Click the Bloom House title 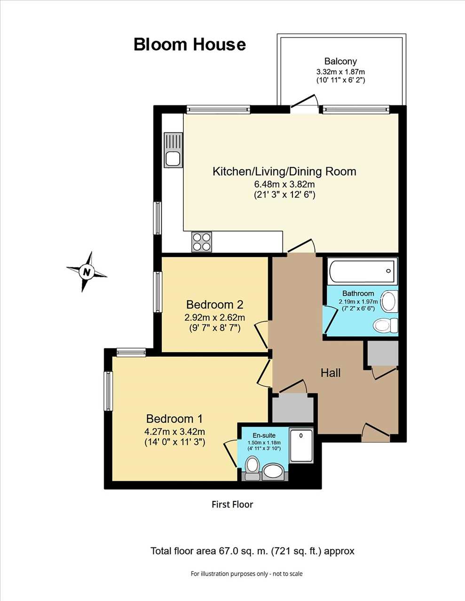click(x=189, y=45)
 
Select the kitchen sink click(x=173, y=150)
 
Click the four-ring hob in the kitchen click(x=202, y=242)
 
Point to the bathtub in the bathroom click(x=362, y=271)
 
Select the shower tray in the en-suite click(x=301, y=445)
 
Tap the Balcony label click(x=340, y=61)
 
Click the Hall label click(x=331, y=373)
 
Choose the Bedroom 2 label click(x=215, y=305)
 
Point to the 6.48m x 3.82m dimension click(x=284, y=184)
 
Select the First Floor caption click(x=232, y=504)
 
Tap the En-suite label click(x=264, y=435)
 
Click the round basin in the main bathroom click(x=390, y=301)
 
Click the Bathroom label click(x=358, y=293)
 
